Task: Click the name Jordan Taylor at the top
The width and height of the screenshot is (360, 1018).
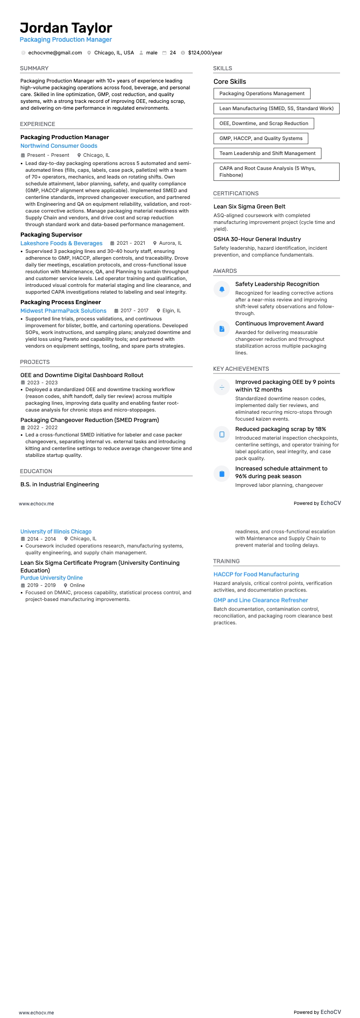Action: (66, 28)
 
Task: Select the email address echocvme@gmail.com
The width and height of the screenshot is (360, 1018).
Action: (55, 53)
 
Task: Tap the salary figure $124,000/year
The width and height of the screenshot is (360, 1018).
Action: (205, 53)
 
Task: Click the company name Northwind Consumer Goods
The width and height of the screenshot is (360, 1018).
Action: (58, 146)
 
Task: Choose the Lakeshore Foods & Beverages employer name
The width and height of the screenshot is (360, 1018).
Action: (61, 243)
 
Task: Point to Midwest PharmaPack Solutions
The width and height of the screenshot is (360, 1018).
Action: (63, 311)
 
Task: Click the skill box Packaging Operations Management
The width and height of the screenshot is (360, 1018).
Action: (262, 93)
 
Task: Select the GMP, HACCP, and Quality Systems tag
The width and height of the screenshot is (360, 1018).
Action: (261, 138)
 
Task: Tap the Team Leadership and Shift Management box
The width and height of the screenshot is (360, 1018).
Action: (267, 153)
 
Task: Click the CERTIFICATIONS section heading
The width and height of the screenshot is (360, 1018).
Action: (236, 194)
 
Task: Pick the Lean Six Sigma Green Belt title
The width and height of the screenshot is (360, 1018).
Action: (249, 207)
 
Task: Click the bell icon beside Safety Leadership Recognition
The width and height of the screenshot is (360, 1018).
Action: (222, 289)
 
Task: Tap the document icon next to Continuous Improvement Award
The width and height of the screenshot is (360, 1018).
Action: (222, 329)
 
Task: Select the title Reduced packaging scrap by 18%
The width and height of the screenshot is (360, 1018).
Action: (280, 429)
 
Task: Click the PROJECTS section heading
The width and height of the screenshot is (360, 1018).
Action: (35, 362)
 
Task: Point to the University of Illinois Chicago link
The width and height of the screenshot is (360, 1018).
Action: (56, 532)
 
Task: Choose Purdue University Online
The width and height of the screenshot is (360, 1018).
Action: (51, 578)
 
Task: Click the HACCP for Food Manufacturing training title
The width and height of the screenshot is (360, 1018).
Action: (256, 574)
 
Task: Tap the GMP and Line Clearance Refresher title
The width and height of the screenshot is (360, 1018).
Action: (261, 600)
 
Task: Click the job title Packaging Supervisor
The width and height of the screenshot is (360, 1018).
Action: (51, 235)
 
